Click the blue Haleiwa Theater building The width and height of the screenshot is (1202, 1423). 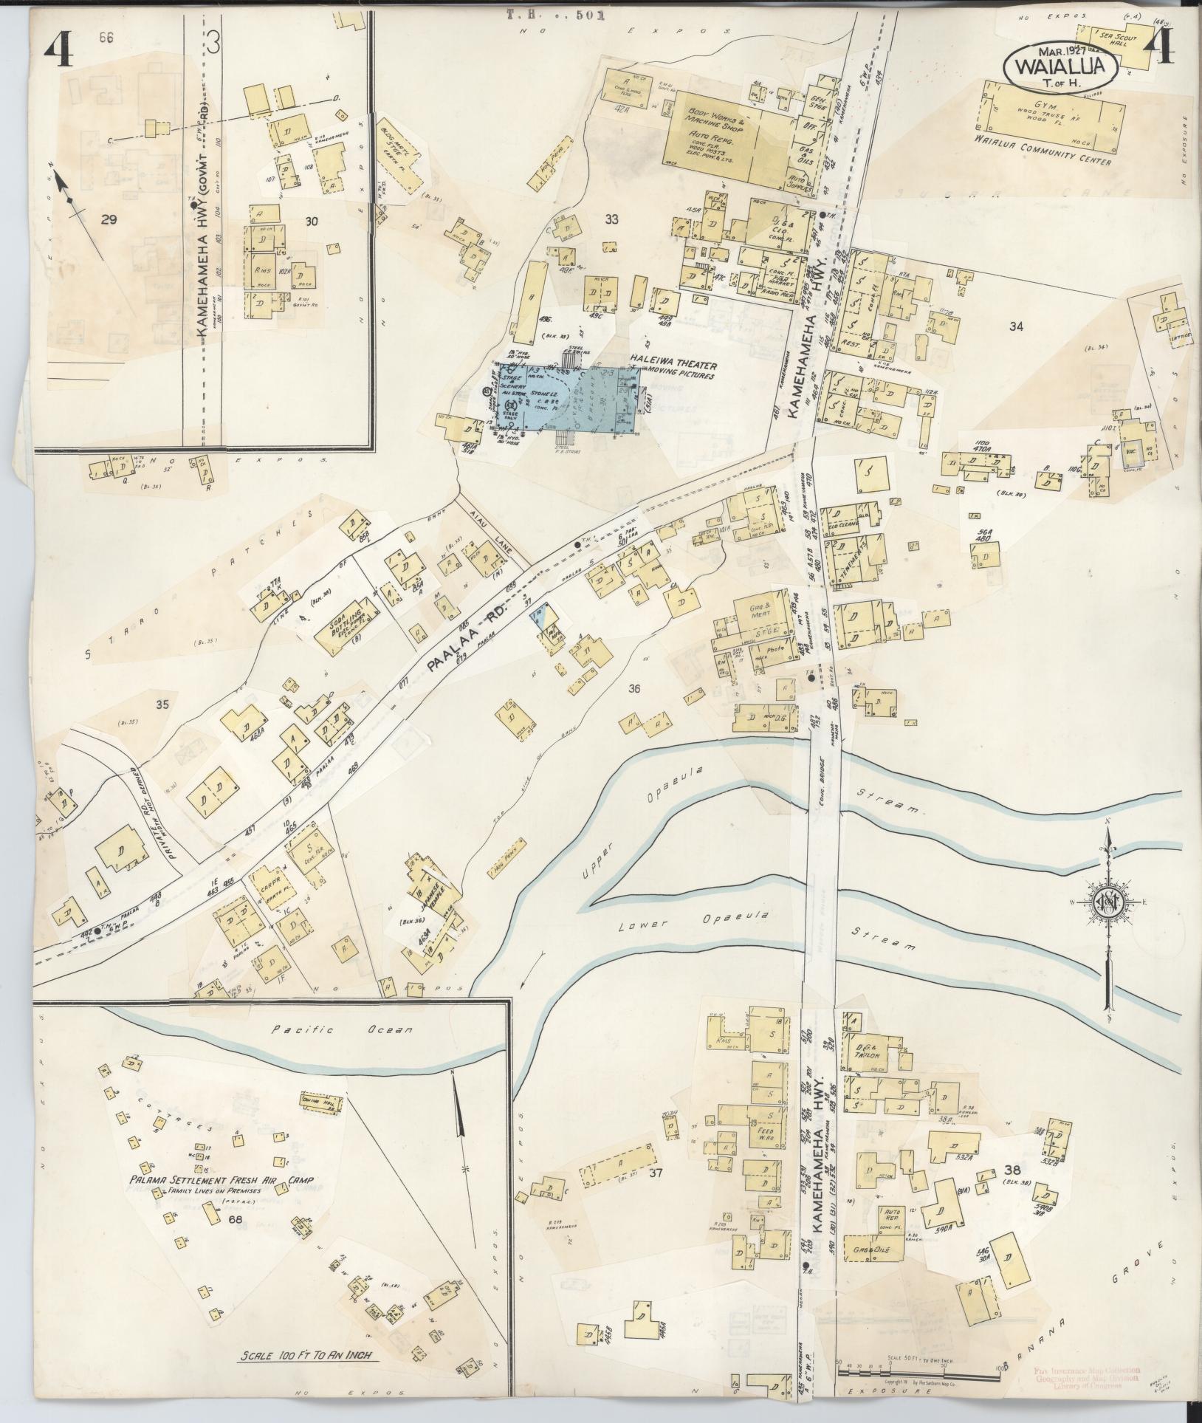click(x=591, y=399)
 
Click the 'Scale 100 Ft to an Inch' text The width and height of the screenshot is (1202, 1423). click(x=306, y=1354)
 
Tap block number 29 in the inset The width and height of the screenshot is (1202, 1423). click(x=109, y=219)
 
